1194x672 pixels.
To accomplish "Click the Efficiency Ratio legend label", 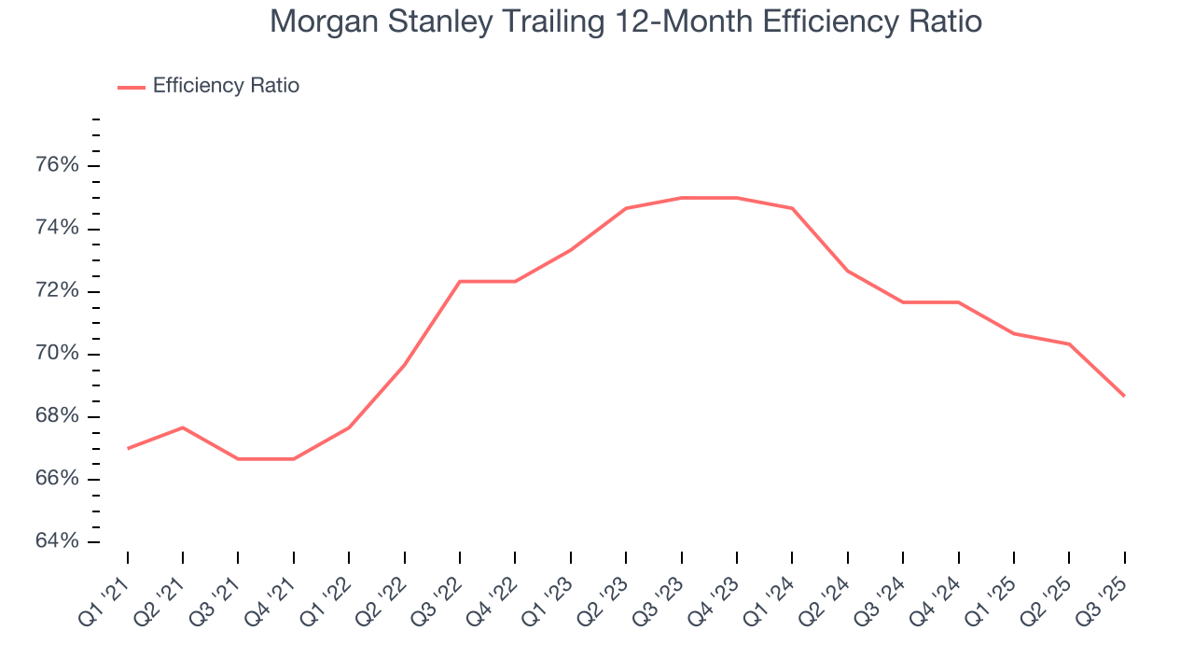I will (226, 86).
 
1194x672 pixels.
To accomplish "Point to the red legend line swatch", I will (131, 87).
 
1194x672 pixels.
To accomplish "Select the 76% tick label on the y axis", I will (56, 166).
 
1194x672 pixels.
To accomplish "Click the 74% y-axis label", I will (56, 229).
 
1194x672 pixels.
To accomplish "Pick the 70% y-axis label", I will (56, 354).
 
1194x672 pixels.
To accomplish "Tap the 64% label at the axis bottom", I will (56, 542).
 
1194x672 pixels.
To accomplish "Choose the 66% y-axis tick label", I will (56, 480).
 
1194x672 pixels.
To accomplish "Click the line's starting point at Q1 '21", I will (128, 448).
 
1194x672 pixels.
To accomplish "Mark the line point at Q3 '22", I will (460, 281).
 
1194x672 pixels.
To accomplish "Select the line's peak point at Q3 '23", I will (682, 198).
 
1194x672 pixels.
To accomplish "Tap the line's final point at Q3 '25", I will (1124, 396).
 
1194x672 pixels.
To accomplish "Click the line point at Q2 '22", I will (405, 364).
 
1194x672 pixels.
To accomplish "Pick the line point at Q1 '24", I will (792, 208).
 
